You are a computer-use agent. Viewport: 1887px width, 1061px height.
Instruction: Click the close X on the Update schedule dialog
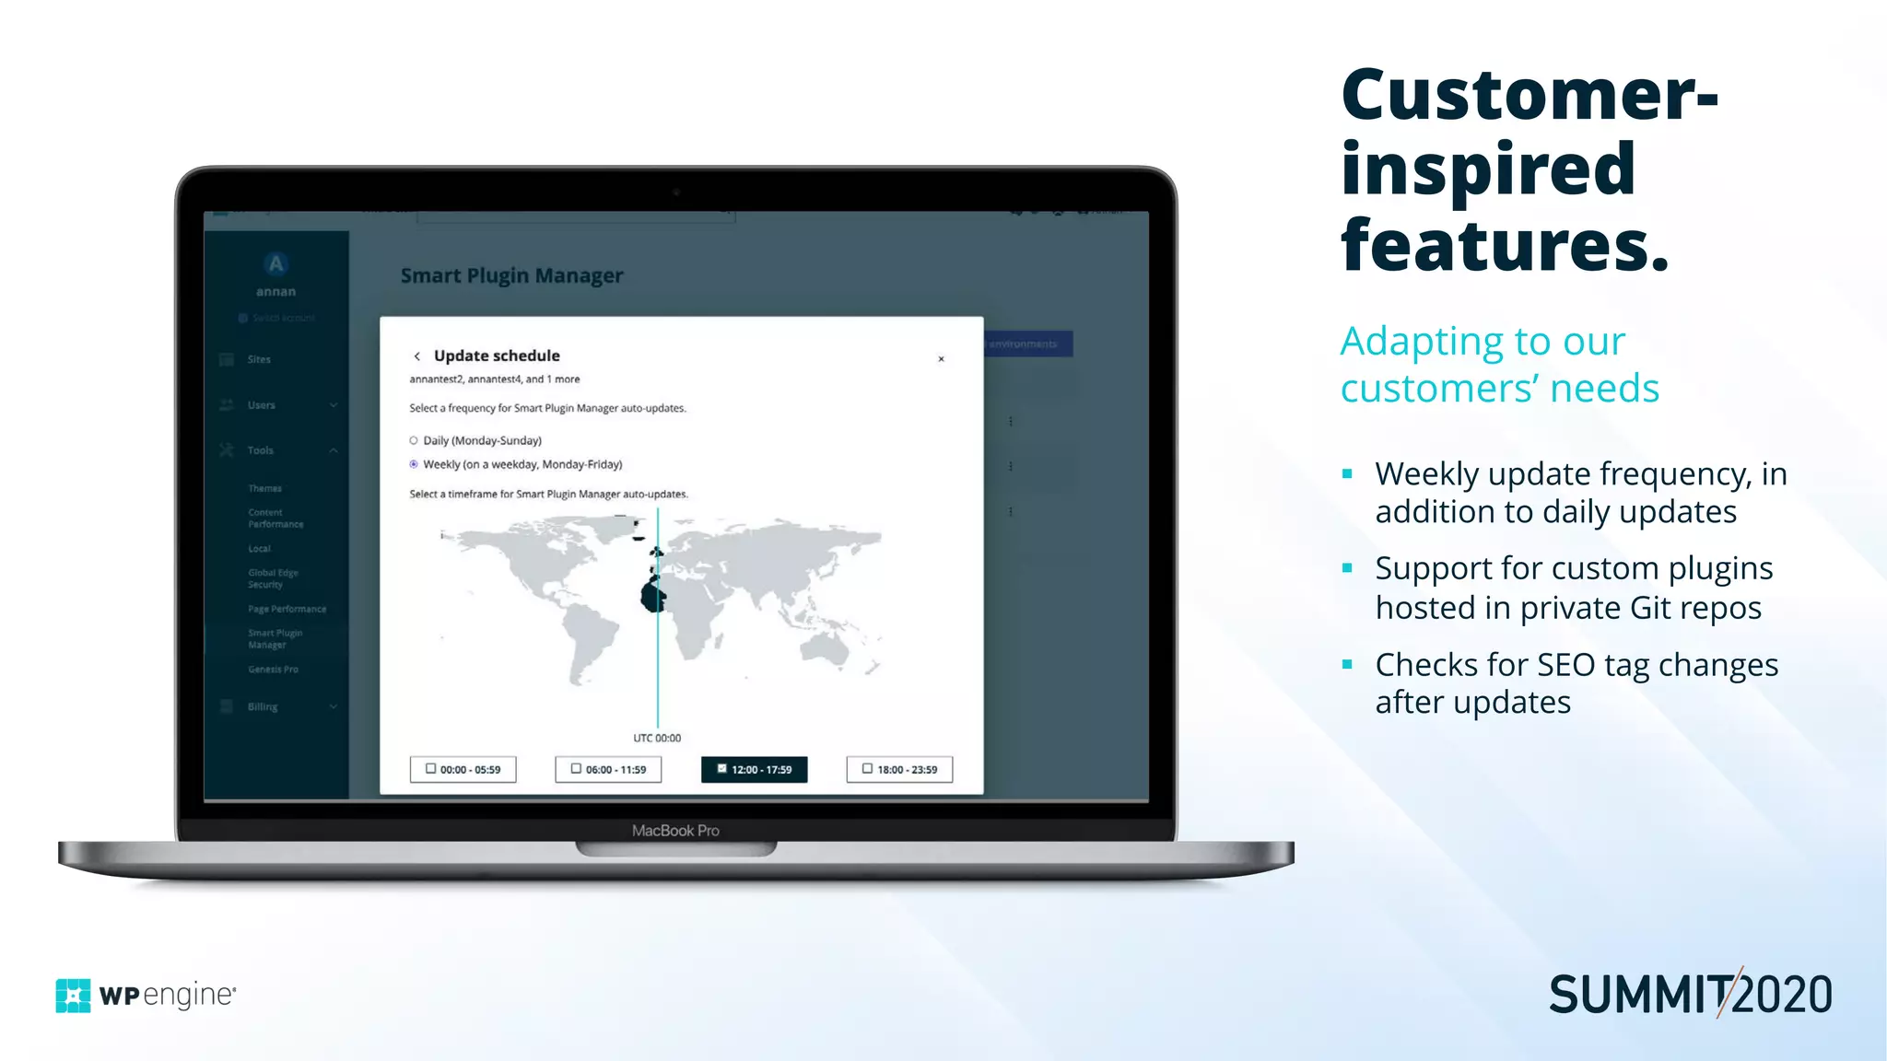pos(941,359)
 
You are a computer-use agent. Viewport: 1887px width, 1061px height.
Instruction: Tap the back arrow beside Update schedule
pos(417,356)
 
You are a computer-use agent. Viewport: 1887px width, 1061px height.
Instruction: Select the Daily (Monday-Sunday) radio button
pos(414,440)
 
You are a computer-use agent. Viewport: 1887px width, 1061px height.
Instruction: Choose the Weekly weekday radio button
pos(414,464)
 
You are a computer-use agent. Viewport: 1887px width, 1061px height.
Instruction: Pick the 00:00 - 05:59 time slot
pos(463,769)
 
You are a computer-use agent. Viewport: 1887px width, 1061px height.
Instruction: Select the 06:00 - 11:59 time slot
pos(608,769)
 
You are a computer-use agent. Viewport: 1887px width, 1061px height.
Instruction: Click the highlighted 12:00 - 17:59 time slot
pos(754,769)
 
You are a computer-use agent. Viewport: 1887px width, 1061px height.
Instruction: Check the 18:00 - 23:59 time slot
pos(899,769)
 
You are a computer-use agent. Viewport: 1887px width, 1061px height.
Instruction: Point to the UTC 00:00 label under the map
pos(657,738)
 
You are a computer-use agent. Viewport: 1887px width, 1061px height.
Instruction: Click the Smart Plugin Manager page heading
pos(511,275)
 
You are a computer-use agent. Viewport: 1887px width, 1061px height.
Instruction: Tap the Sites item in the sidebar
pos(259,359)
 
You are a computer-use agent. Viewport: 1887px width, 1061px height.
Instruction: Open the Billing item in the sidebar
pos(263,706)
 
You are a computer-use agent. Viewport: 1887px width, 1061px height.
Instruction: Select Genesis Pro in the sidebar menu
pos(273,670)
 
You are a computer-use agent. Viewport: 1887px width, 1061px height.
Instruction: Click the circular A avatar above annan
pos(275,264)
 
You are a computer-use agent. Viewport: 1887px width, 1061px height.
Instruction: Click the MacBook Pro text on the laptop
pos(675,831)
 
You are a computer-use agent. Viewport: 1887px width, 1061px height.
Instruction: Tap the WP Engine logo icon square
pos(73,996)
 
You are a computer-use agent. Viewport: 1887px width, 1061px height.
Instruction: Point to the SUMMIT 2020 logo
pos(1690,995)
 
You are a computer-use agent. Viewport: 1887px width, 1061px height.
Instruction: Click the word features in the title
pos(1505,246)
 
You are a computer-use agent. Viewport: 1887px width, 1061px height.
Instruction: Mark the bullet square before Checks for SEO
pos(1347,664)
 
